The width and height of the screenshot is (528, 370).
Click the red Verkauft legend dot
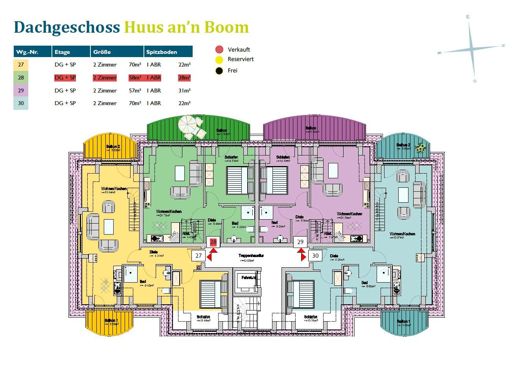[219, 50]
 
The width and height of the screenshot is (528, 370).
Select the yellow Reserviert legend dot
[219, 60]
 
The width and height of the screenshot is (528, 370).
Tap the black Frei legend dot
[219, 71]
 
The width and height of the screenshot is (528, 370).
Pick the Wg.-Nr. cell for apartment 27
[21, 65]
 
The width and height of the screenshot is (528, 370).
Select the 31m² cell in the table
[184, 91]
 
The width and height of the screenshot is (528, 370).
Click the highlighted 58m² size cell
[135, 78]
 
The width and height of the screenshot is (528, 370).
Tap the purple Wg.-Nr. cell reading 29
[21, 91]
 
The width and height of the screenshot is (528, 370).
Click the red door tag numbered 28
[213, 242]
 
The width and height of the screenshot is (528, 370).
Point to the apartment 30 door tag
[315, 255]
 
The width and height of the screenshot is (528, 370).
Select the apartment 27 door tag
[199, 255]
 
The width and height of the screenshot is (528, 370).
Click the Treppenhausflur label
[251, 256]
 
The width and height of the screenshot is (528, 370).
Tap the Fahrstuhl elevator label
[248, 278]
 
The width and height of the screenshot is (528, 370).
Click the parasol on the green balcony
[188, 125]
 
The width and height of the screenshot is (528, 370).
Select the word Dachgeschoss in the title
[67, 27]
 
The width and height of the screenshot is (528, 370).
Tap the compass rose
[472, 50]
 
